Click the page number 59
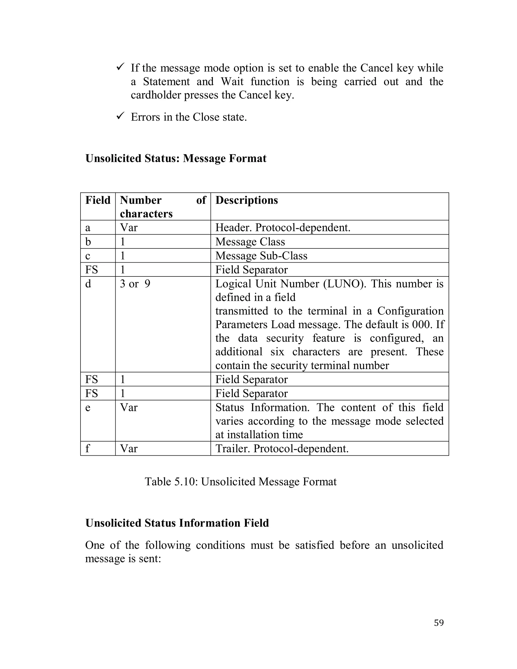coord(438,623)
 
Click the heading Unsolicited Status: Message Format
coord(176,158)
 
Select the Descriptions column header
coord(247,200)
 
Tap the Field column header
coord(98,200)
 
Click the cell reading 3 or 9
coord(135,284)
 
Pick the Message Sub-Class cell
coord(261,255)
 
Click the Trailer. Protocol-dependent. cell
coord(282,448)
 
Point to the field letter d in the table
coord(88,284)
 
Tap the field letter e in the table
coord(88,408)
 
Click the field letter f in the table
coord(88,448)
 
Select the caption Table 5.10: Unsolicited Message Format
coord(240,481)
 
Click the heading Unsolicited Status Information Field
coord(177,523)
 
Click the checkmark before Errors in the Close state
coord(120,116)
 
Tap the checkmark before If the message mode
coord(120,67)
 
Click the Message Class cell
coord(250,242)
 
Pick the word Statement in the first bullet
coord(166,82)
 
